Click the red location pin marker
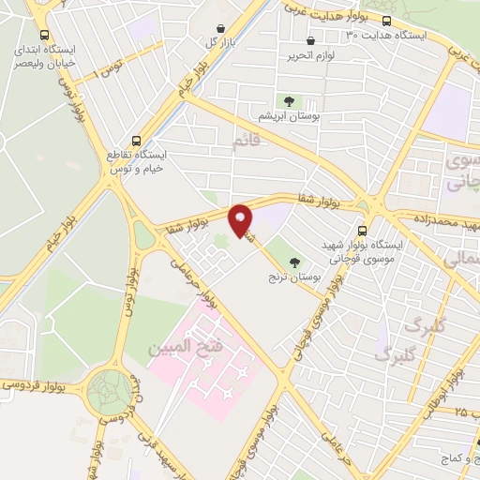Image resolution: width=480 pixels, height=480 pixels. (x=241, y=219)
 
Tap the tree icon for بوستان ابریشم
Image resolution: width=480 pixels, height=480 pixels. (x=288, y=100)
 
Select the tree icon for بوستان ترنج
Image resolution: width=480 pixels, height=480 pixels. (x=296, y=262)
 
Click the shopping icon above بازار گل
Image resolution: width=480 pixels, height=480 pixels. (x=220, y=28)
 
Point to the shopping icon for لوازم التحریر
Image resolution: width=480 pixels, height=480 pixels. (x=311, y=40)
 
